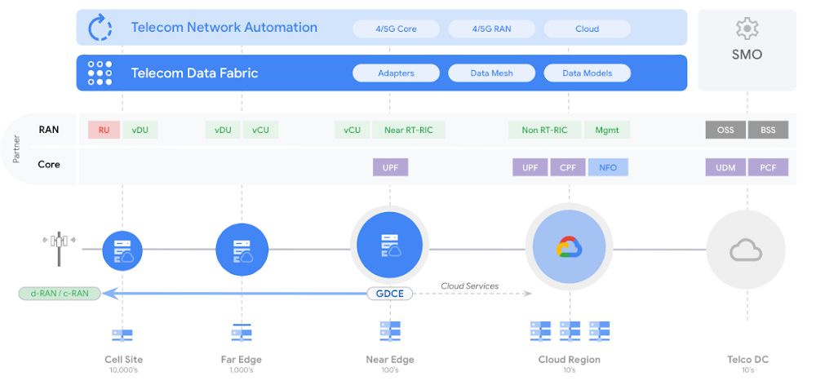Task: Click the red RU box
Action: pyautogui.click(x=104, y=130)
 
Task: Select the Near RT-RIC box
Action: pyautogui.click(x=409, y=130)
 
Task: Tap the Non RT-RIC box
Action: pyautogui.click(x=545, y=130)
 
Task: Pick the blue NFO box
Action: pyautogui.click(x=609, y=167)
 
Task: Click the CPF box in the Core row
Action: pyautogui.click(x=568, y=167)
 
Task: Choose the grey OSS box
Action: pyautogui.click(x=725, y=130)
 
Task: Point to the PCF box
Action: pyautogui.click(x=768, y=167)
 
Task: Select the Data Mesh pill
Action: pyautogui.click(x=491, y=73)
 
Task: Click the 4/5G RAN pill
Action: pyautogui.click(x=491, y=29)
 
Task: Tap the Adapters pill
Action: pyautogui.click(x=396, y=73)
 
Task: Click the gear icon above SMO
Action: pyautogui.click(x=747, y=29)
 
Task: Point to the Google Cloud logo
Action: pyautogui.click(x=570, y=247)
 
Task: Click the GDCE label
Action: pyautogui.click(x=390, y=294)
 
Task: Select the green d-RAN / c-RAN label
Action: pyautogui.click(x=60, y=294)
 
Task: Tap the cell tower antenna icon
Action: pyautogui.click(x=59, y=248)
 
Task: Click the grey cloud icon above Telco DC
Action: pyautogui.click(x=746, y=250)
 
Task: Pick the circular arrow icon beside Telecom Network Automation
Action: pyautogui.click(x=100, y=28)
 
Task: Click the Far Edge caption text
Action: pyautogui.click(x=242, y=360)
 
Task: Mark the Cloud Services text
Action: pyautogui.click(x=469, y=286)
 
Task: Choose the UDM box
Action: pyautogui.click(x=725, y=167)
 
